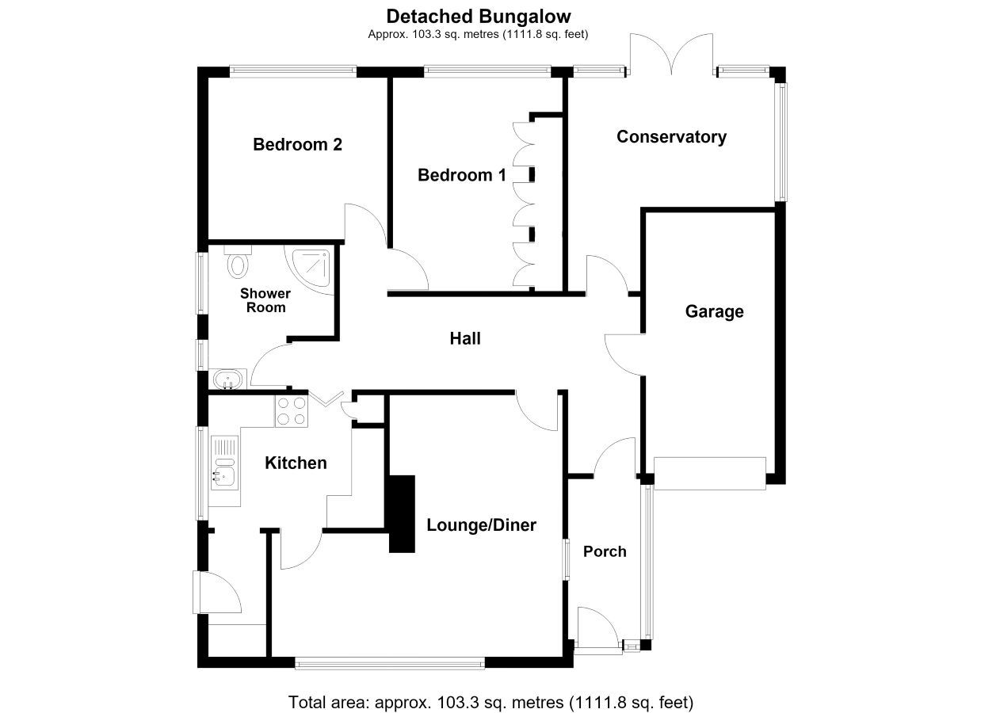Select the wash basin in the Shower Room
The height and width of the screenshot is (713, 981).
pos(228,379)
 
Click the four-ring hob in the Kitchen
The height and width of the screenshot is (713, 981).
pos(292,411)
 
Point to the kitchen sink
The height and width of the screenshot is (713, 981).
pos(225,463)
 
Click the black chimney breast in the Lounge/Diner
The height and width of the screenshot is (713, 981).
pos(402,513)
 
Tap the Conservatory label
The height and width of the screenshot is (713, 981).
pos(671,137)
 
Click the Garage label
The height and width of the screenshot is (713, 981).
pos(714,312)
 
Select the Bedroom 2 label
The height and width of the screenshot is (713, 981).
pos(297,144)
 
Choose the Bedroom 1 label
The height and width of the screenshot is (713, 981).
pos(462,175)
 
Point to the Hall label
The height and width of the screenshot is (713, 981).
pos(465,338)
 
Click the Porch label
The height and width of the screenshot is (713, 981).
pos(605,551)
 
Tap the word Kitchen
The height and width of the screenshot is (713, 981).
pos(296,463)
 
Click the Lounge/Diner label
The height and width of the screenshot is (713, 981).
pos(481,525)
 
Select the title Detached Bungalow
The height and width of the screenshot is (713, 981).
pos(479,17)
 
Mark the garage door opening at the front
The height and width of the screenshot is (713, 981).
pos(710,474)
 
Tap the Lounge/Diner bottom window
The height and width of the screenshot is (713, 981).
pos(390,664)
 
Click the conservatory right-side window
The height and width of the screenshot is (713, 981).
pos(782,142)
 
